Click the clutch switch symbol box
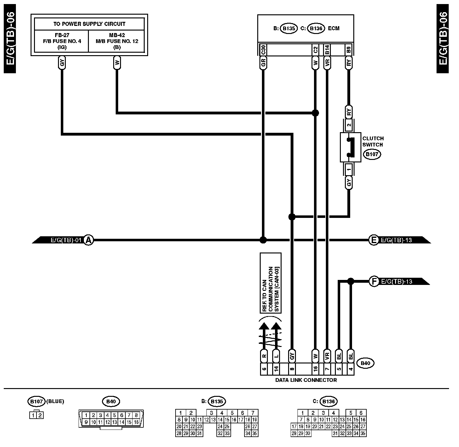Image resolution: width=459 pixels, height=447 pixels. point(350,147)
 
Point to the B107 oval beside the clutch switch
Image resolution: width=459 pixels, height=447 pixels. point(372,154)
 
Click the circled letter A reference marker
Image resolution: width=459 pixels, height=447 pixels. point(89,240)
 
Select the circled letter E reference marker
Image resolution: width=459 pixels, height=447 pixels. point(373,240)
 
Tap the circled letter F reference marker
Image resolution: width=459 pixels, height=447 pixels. point(373,281)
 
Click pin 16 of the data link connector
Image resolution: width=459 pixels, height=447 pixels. point(315,369)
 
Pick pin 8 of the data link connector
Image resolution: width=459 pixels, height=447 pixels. point(292,369)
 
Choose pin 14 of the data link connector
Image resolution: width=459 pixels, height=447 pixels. point(276,369)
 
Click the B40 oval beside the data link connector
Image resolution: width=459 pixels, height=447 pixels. point(365,363)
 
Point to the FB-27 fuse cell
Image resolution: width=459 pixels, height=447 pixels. point(62,41)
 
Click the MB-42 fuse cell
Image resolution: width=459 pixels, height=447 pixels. point(117,41)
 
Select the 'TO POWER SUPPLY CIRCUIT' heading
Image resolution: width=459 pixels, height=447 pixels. point(89,24)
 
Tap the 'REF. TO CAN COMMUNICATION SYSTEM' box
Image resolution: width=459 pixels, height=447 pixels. point(271,283)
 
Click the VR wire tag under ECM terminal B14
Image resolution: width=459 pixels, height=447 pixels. point(327,64)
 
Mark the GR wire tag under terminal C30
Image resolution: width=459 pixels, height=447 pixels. point(263,64)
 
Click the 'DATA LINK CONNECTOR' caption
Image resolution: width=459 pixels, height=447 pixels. point(306,380)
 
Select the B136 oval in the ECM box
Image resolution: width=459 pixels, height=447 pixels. point(316,28)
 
